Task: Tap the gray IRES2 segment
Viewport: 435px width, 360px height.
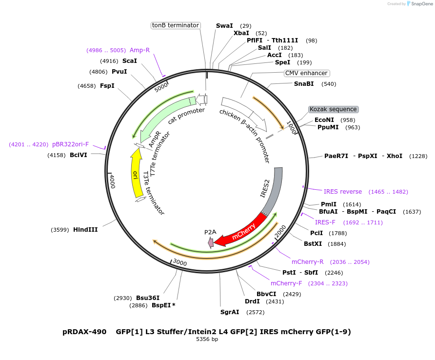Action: [x=273, y=190]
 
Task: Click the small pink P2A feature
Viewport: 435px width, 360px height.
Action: [x=211, y=242]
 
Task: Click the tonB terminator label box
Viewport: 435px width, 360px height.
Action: [x=176, y=25]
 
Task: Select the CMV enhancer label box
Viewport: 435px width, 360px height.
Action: [x=306, y=73]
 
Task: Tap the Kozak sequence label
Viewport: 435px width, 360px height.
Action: [x=333, y=109]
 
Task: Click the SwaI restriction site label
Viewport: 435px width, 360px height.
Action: [x=224, y=26]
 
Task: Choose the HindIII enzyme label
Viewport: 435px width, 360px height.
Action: [x=85, y=229]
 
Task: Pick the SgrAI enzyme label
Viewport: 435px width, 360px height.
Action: [x=230, y=312]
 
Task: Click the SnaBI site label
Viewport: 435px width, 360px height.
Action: [x=304, y=84]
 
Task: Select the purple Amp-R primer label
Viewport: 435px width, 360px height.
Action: [x=139, y=50]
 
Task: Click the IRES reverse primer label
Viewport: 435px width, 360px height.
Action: [x=343, y=192]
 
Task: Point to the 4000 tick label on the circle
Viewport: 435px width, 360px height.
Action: [x=112, y=181]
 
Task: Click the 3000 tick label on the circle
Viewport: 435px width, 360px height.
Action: [x=180, y=263]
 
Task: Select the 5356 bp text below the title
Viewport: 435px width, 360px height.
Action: [x=207, y=339]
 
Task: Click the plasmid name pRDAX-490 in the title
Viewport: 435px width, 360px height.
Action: [x=84, y=332]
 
